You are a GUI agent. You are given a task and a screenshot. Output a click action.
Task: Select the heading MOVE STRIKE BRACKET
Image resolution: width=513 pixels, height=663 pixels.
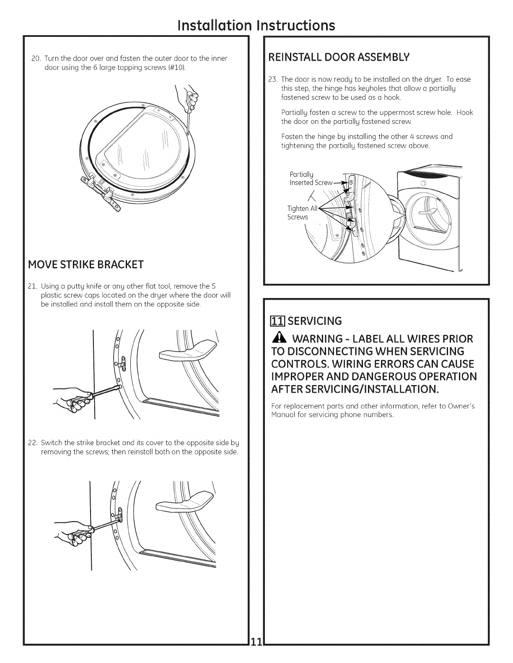(85, 265)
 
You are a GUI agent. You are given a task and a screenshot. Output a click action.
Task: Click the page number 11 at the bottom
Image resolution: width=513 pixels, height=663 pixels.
(256, 653)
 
